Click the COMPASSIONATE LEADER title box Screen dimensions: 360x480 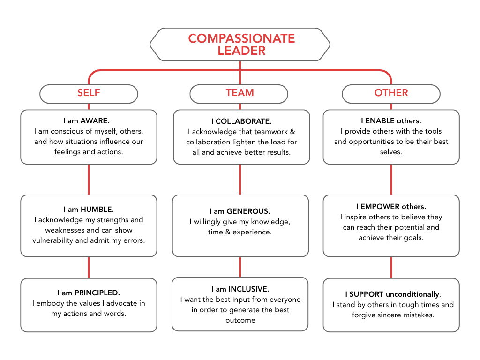[240, 44]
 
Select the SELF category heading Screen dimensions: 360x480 [89, 93]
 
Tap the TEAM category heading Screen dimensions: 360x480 [240, 93]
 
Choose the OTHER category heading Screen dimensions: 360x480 [391, 93]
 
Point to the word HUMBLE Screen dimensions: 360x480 [97, 210]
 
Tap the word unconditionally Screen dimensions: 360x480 [412, 294]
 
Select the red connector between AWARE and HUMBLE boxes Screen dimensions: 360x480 [89, 179]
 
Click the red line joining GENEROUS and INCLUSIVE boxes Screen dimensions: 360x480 [240, 267]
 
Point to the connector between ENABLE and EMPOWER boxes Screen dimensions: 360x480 [391, 179]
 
